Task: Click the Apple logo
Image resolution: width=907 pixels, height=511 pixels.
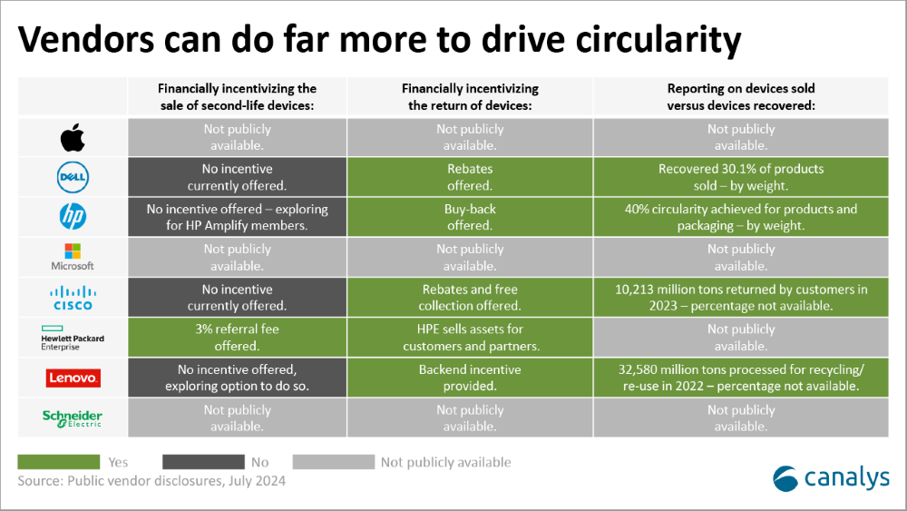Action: pyautogui.click(x=73, y=138)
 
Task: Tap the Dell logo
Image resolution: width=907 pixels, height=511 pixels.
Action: pyautogui.click(x=73, y=177)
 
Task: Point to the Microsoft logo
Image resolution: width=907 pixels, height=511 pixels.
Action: pyautogui.click(x=73, y=257)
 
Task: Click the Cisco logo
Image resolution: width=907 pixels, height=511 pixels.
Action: pyautogui.click(x=73, y=298)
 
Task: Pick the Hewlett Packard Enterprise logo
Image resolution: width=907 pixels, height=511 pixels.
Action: pyautogui.click(x=73, y=338)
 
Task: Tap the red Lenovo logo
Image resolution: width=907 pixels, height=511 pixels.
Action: pyautogui.click(x=73, y=378)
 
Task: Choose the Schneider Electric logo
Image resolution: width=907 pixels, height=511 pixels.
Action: pyautogui.click(x=73, y=418)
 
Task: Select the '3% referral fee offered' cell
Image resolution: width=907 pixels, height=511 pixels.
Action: pyautogui.click(x=237, y=338)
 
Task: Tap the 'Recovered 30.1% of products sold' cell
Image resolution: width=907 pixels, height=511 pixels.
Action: pyautogui.click(x=741, y=177)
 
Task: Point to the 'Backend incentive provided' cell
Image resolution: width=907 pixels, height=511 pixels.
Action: pyautogui.click(x=470, y=378)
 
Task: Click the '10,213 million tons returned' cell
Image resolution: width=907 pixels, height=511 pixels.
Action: pyautogui.click(x=741, y=298)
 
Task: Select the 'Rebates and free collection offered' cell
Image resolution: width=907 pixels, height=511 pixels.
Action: pyautogui.click(x=470, y=298)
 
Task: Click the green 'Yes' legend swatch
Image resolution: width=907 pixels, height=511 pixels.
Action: pyautogui.click(x=58, y=462)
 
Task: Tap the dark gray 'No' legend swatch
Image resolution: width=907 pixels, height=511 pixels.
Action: pyautogui.click(x=203, y=462)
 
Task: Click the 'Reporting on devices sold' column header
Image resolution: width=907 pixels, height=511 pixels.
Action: pyautogui.click(x=741, y=96)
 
